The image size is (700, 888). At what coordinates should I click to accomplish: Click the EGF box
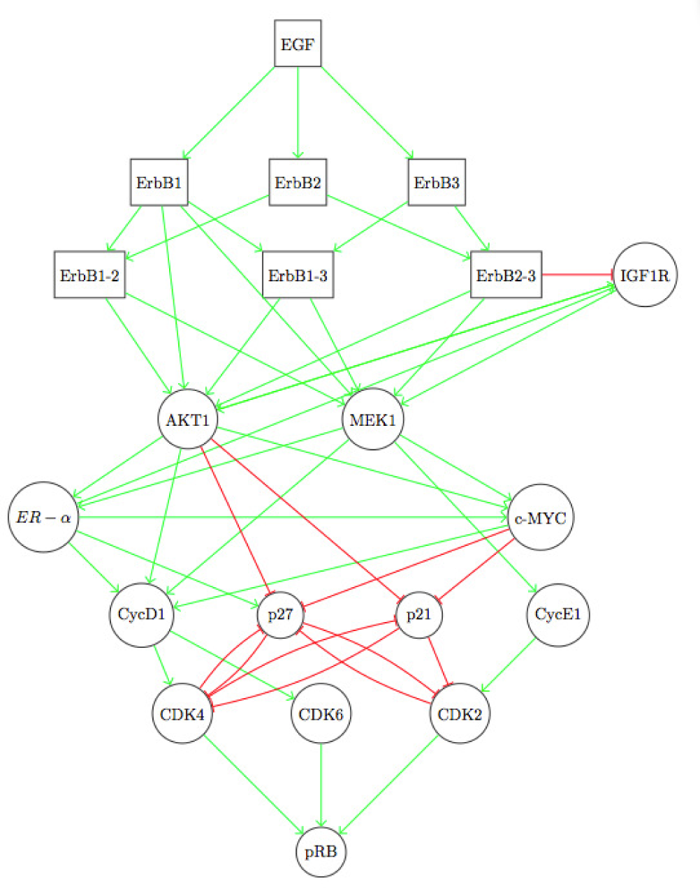click(298, 44)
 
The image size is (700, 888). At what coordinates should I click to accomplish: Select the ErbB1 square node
click(159, 183)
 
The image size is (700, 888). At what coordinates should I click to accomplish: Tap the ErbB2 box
click(298, 183)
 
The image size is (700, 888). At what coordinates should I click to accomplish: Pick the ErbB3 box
click(437, 183)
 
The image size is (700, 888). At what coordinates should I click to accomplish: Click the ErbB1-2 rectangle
click(89, 275)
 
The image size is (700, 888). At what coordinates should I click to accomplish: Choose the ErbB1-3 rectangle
click(298, 275)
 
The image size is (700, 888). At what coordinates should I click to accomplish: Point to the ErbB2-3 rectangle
click(506, 275)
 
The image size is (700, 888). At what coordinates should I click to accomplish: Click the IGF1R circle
click(644, 275)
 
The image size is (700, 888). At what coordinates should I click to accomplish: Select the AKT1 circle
click(188, 420)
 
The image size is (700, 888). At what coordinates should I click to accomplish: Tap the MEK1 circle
click(372, 420)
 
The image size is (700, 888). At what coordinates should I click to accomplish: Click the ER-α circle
click(43, 517)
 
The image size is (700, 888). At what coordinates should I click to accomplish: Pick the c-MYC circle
click(540, 517)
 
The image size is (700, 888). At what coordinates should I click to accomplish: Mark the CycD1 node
click(141, 615)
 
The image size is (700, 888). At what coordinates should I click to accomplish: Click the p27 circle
click(280, 615)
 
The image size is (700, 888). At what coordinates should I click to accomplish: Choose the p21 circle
click(418, 615)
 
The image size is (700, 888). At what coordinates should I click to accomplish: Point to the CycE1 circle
click(557, 615)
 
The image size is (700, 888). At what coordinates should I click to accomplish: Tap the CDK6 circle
click(321, 714)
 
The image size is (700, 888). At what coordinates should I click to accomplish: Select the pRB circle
click(321, 851)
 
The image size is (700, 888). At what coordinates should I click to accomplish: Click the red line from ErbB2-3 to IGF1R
click(577, 275)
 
